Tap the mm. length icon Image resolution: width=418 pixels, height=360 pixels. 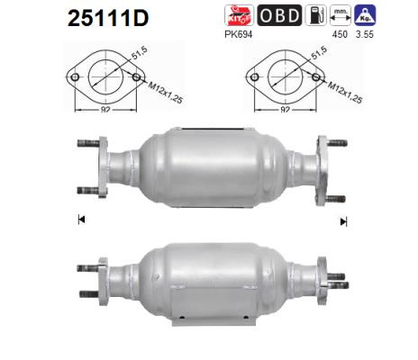[x=340, y=15]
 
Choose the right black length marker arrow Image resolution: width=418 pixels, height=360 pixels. [x=341, y=220]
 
